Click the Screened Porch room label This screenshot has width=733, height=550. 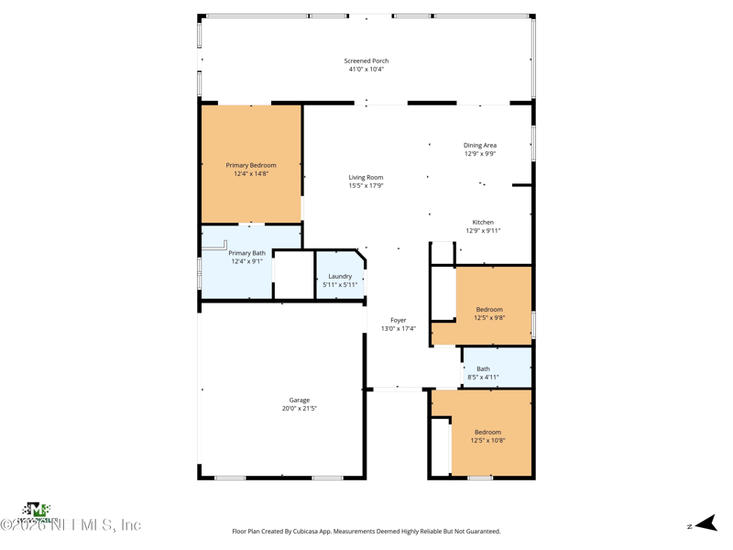(x=366, y=60)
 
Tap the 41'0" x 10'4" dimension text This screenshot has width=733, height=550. (x=366, y=70)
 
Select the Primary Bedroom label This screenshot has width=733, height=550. (x=251, y=165)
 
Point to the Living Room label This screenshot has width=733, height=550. (x=366, y=177)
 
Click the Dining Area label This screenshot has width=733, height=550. (x=479, y=145)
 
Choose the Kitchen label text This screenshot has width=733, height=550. (x=483, y=222)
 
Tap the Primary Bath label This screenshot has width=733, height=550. (x=246, y=253)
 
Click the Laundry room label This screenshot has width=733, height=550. (x=340, y=276)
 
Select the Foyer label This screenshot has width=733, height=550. (x=399, y=320)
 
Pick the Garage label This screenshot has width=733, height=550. (x=300, y=400)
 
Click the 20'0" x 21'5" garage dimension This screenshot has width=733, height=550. (x=300, y=409)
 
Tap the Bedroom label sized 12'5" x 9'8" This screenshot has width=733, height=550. (x=489, y=310)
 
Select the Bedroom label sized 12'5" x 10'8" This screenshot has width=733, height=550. (x=487, y=432)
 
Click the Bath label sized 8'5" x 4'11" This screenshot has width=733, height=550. (x=483, y=368)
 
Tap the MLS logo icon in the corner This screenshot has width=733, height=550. (x=36, y=510)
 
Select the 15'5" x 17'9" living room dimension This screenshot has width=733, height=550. (x=366, y=186)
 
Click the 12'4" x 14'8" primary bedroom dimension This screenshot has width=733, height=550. (x=251, y=174)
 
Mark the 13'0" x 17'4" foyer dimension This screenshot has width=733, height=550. (x=399, y=329)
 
